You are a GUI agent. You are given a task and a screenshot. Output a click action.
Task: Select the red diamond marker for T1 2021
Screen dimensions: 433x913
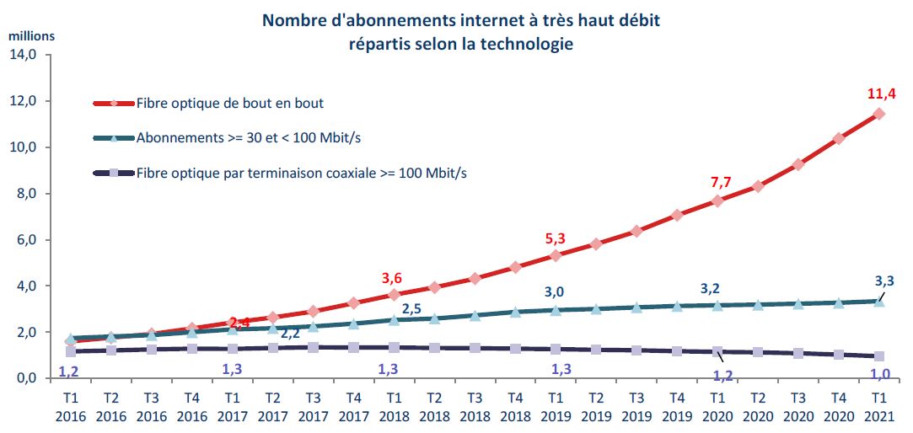(878, 114)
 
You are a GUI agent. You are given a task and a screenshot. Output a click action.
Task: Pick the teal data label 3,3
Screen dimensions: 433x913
(883, 281)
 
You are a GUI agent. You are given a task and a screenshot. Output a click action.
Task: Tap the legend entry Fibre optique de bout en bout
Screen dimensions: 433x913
(229, 104)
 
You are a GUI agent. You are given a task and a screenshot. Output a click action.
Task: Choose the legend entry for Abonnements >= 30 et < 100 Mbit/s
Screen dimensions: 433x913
(254, 138)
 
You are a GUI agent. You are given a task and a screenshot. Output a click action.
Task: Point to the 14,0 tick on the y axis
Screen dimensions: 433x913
(24, 56)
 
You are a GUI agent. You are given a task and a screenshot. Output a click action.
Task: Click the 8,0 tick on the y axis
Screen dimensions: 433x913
(27, 194)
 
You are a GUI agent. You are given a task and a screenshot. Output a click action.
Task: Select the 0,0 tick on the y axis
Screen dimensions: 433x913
(27, 379)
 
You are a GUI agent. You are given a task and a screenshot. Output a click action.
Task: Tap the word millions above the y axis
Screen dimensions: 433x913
(31, 36)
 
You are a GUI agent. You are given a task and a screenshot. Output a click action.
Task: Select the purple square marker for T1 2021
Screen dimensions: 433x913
(878, 356)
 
